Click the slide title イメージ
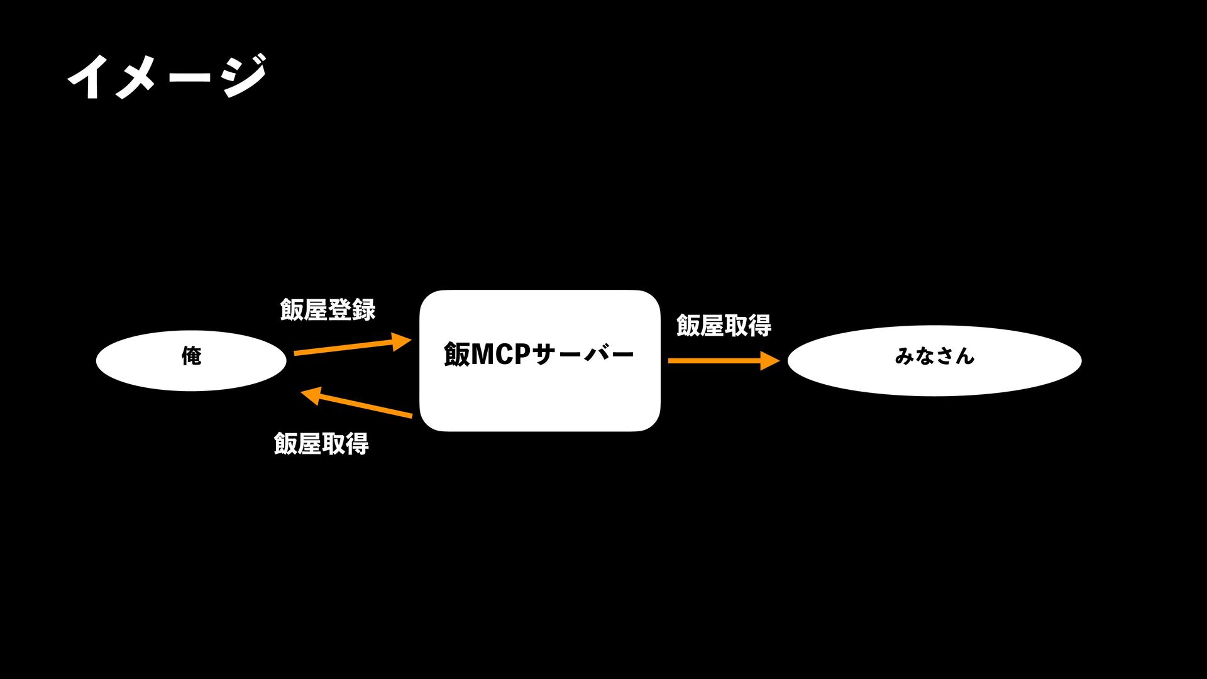pos(167,77)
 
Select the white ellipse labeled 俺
pos(191,360)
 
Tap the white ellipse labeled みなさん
pos(934,360)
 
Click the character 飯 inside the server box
pos(456,355)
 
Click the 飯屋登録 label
pos(328,309)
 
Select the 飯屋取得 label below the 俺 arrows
pos(321,444)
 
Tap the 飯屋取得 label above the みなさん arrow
pos(724,326)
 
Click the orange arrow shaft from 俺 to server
pos(343,348)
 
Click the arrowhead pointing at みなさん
pos(769,361)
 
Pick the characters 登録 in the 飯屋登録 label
pos(351,309)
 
